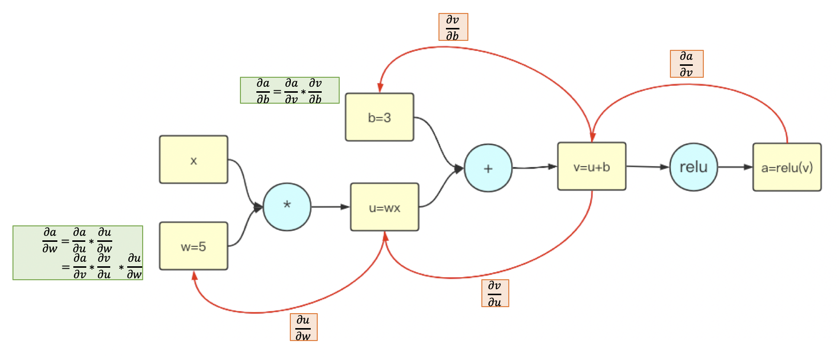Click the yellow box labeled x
click(194, 160)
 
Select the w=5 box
click(194, 246)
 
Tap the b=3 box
click(379, 117)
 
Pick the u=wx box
click(385, 207)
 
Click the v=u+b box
click(592, 167)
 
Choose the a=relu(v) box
click(787, 167)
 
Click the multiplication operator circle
click(287, 206)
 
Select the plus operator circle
click(488, 168)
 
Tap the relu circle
click(693, 167)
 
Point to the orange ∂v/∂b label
click(453, 27)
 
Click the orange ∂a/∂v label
click(686, 64)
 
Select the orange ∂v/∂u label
click(495, 293)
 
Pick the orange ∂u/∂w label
click(303, 327)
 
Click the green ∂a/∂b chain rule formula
click(289, 90)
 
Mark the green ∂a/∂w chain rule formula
click(78, 253)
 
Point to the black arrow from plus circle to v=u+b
click(535, 167)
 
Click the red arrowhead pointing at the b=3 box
click(380, 87)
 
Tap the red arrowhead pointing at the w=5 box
click(195, 275)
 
